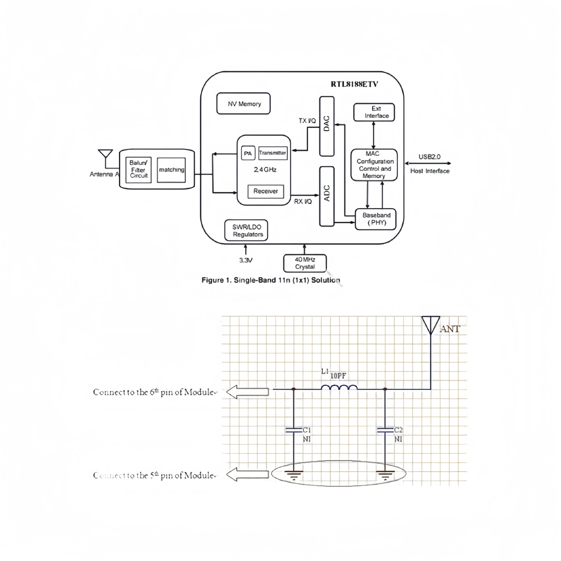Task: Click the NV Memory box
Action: click(243, 104)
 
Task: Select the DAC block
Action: click(327, 126)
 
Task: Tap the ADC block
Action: click(327, 196)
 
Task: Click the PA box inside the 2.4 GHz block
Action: click(248, 153)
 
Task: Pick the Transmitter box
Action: click(273, 153)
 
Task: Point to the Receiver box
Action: click(266, 191)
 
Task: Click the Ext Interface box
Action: click(374, 112)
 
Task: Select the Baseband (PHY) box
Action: click(375, 219)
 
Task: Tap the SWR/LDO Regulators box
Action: click(246, 230)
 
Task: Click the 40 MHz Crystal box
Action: click(305, 263)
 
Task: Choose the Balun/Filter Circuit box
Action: click(138, 170)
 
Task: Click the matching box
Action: click(171, 170)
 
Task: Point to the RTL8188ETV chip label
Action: click(354, 84)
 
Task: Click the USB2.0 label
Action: click(429, 157)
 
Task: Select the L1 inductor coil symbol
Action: click(339, 388)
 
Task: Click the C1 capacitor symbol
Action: click(293, 430)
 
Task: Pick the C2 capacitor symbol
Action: click(385, 430)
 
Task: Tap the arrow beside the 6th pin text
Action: click(247, 392)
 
